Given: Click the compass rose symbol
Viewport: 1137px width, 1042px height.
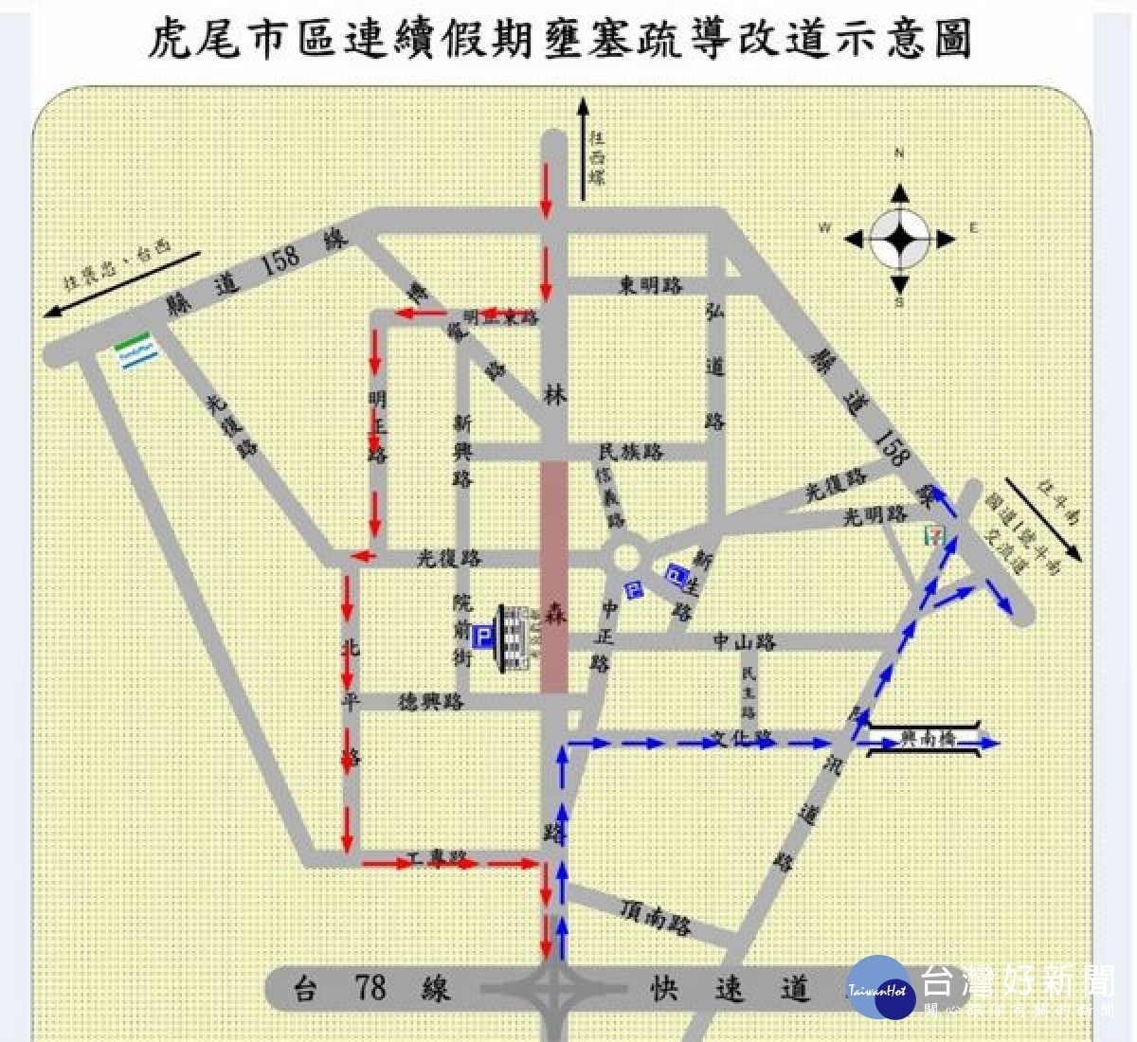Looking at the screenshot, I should coord(899,240).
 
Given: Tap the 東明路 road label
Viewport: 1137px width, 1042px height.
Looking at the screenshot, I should coord(651,285).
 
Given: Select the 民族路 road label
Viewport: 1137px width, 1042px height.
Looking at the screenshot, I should coord(631,452).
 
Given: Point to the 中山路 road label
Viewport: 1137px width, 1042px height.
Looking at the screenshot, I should coord(745,642).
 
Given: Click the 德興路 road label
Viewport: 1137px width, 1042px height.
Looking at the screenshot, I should coord(431,702).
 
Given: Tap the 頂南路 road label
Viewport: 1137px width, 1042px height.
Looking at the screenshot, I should coord(656,915).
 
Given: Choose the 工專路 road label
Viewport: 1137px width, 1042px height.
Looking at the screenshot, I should coord(438,858).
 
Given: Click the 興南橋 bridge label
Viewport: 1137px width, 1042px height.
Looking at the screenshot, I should coord(927,739).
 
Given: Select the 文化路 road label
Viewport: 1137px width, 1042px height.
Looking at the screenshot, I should coord(744,736).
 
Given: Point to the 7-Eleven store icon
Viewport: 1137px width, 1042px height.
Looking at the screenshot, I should coord(935,534).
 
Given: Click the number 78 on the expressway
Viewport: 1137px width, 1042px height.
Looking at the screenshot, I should coord(370,988).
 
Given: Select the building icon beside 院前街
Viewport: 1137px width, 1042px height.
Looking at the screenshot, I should coord(516,638).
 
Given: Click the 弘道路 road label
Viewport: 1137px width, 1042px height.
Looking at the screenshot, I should coord(714,366).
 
